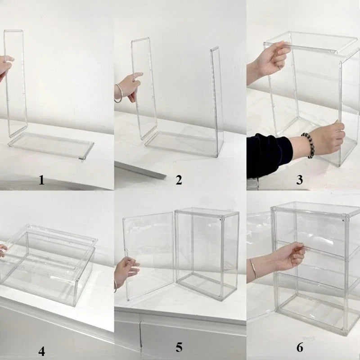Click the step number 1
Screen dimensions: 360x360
pyautogui.click(x=41, y=180)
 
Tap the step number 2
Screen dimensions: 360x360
pyautogui.click(x=179, y=180)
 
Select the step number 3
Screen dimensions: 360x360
pyautogui.click(x=299, y=180)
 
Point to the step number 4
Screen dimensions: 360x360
pyautogui.click(x=41, y=351)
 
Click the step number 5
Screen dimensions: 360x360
pyautogui.click(x=179, y=347)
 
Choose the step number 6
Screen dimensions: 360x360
pyautogui.click(x=300, y=347)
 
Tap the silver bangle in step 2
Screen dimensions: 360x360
pyautogui.click(x=118, y=94)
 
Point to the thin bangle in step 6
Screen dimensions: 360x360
pyautogui.click(x=254, y=268)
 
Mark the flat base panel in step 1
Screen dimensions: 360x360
pyautogui.click(x=51, y=145)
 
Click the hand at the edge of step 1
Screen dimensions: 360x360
pyautogui.click(x=5, y=66)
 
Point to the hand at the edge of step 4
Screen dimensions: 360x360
pyautogui.click(x=3, y=251)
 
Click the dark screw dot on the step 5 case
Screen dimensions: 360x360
pyautogui.click(x=220, y=220)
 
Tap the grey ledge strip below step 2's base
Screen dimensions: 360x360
pyautogui.click(x=140, y=170)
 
